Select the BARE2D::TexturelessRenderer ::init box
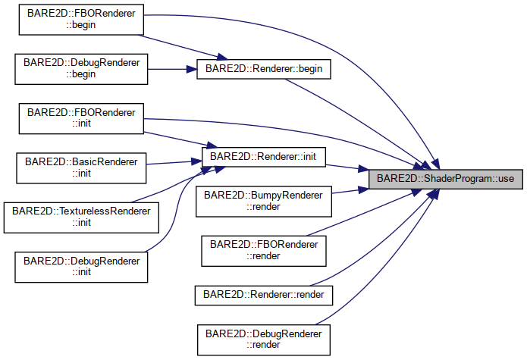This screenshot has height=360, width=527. [78, 217]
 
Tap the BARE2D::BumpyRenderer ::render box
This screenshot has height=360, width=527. [265, 201]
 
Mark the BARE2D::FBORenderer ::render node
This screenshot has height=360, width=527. [265, 250]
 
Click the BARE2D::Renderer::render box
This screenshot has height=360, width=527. [264, 293]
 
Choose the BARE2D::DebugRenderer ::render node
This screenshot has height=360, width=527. [265, 339]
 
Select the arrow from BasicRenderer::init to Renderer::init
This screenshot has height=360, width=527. [174, 162]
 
